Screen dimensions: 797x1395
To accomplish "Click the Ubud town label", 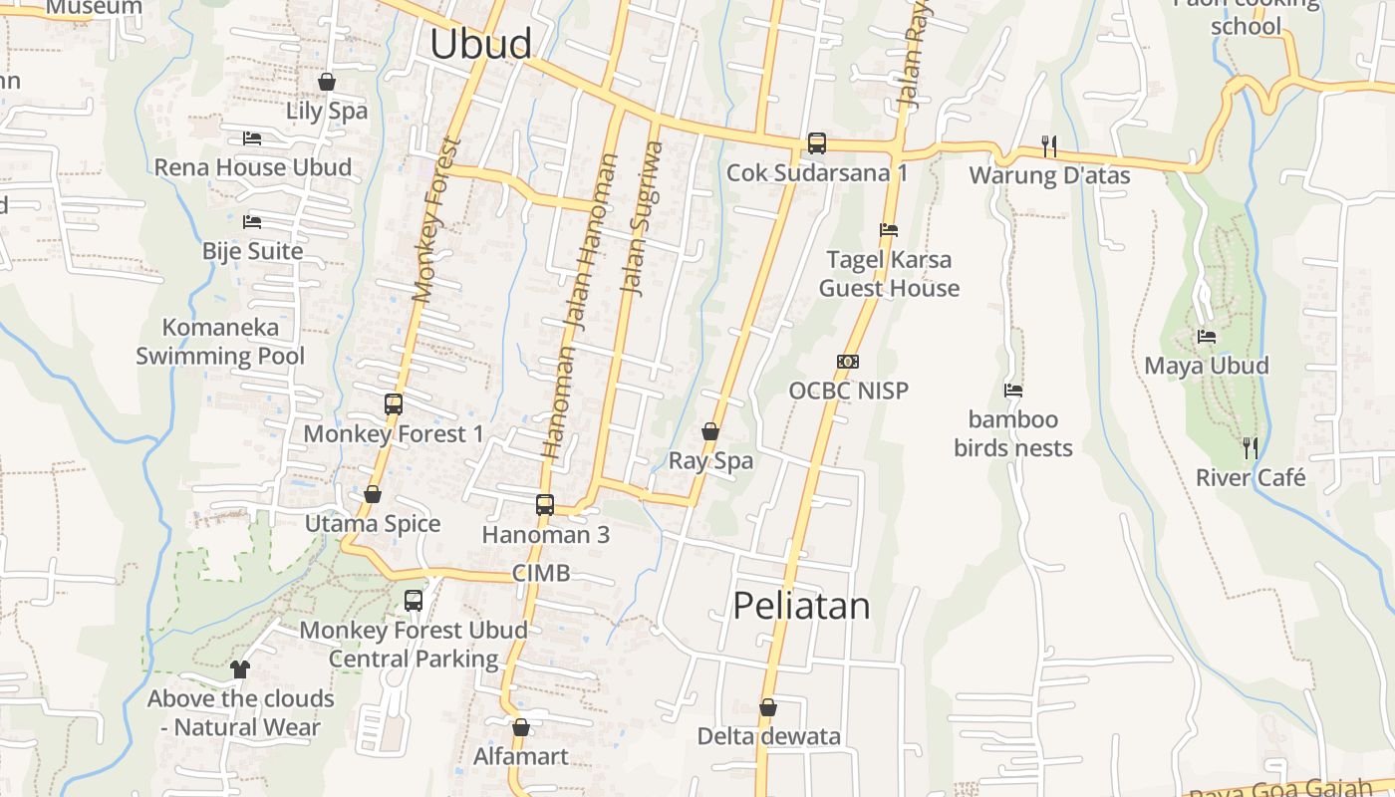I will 481,44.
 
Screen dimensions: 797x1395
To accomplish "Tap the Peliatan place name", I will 801,606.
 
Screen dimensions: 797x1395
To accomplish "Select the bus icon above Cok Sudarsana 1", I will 817,143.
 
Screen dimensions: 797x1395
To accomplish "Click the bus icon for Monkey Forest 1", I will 394,404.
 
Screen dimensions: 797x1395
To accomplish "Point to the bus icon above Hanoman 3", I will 545,505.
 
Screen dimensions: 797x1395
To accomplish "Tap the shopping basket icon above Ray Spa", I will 710,432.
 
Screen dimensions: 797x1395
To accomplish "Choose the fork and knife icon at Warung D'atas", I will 1049,146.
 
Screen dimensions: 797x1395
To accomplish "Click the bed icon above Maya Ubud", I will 1207,337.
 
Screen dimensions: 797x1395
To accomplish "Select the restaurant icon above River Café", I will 1251,448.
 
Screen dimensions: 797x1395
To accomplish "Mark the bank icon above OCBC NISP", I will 848,362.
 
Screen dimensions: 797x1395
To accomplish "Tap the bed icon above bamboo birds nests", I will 1013,391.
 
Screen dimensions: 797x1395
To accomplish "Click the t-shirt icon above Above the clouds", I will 240,669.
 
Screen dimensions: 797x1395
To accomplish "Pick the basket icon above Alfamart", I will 520,728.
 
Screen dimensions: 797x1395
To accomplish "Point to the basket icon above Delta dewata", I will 768,708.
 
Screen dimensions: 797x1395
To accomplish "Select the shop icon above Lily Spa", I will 327,82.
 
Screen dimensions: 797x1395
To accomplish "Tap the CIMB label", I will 541,573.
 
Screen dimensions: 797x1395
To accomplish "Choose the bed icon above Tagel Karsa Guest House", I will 889,230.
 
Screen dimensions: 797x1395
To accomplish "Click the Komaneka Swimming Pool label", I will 220,342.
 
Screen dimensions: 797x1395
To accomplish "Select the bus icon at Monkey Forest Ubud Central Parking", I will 414,601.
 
